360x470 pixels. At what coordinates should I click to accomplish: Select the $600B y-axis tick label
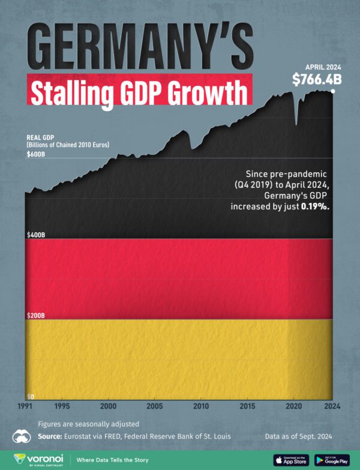point(35,154)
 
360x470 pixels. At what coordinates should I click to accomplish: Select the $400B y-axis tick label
point(35,235)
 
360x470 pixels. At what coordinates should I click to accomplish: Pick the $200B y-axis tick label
point(35,315)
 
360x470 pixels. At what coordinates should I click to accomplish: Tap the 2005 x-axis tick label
point(154,406)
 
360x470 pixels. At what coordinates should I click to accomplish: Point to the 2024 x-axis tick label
point(331,406)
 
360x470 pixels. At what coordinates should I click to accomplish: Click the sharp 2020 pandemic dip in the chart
point(296,123)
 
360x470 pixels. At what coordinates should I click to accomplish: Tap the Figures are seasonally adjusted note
point(88,423)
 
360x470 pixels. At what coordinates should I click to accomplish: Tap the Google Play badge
point(332,460)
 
